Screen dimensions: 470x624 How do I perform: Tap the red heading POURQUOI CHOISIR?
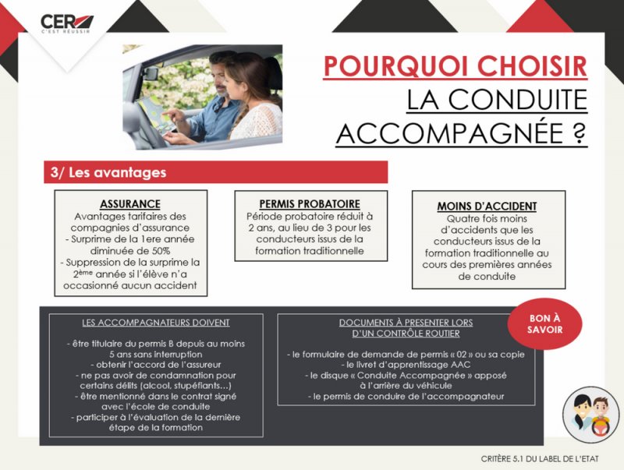[455, 65]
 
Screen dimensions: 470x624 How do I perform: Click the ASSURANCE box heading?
[130, 204]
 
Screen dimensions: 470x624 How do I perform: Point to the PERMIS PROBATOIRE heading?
[310, 204]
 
